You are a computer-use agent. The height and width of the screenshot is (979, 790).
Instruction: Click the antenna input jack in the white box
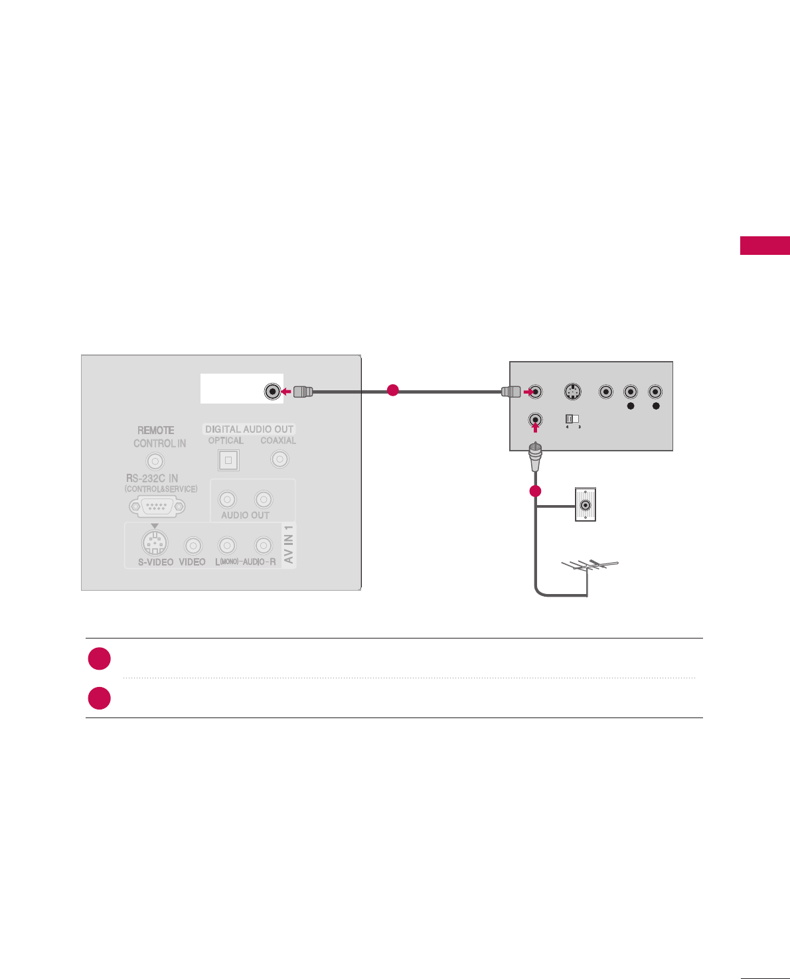point(272,392)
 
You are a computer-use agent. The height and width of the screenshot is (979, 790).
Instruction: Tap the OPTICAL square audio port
point(228,460)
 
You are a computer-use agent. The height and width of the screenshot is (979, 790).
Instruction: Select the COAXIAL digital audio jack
point(279,459)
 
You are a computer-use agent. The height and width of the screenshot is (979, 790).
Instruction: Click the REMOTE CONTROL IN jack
point(155,461)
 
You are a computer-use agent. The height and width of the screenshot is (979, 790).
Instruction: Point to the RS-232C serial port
point(157,506)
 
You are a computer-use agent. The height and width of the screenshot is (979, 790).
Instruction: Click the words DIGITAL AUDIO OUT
point(249,429)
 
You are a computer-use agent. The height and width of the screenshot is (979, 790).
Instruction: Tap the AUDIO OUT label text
point(245,515)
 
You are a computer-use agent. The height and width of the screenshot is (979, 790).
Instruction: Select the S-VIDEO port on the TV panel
point(154,543)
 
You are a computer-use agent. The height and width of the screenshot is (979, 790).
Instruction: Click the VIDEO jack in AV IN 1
point(193,546)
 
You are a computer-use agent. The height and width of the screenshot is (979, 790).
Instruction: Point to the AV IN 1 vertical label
point(289,544)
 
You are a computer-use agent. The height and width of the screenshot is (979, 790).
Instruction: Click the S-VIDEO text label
point(155,562)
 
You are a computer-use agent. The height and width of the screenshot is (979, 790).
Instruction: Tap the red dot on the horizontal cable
point(393,390)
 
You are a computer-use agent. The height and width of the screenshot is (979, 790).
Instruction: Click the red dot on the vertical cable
point(536,491)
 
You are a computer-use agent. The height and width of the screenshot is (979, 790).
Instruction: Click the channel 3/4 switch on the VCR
point(572,419)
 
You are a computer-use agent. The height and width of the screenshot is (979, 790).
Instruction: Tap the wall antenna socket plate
point(585,505)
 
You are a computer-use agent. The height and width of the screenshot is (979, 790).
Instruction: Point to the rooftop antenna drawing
point(590,568)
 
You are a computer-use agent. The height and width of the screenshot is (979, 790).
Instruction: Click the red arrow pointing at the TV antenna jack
point(286,392)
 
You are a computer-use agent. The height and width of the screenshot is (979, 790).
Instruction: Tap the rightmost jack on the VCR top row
point(655,392)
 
